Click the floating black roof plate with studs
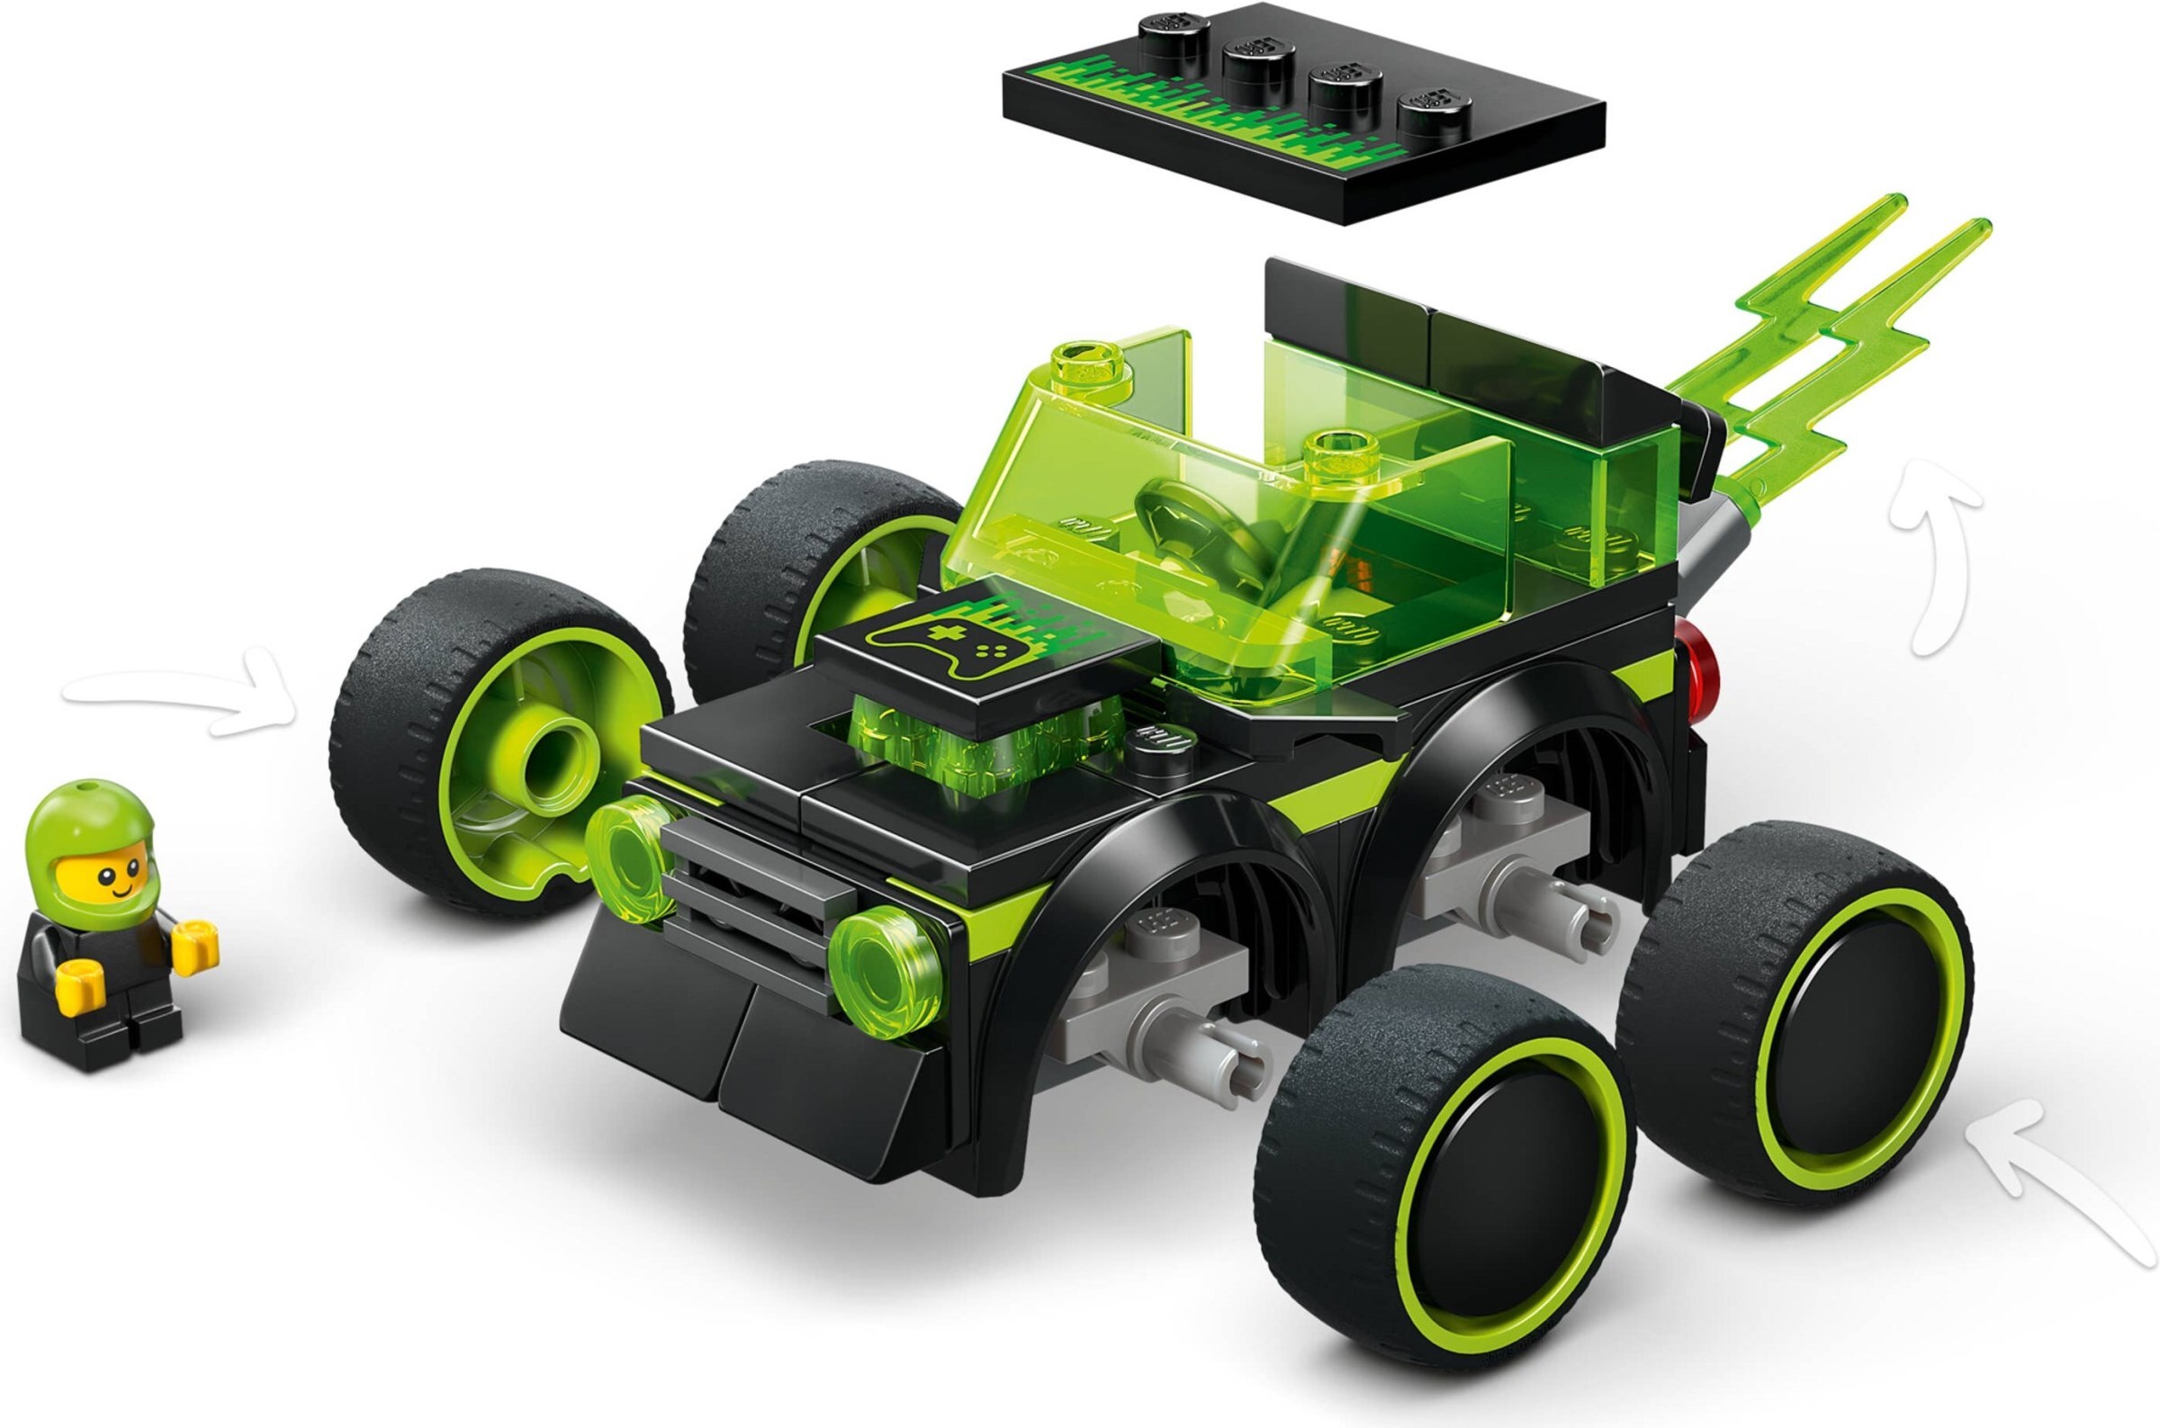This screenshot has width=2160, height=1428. tap(1302, 109)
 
